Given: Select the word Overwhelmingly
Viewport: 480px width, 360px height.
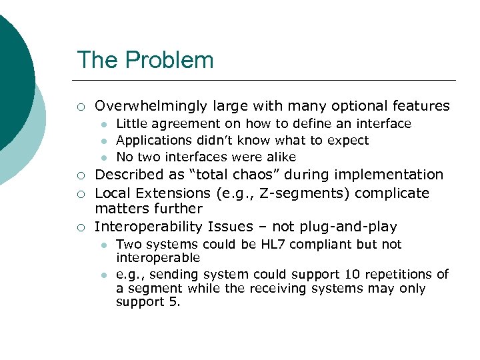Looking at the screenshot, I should coord(152,106).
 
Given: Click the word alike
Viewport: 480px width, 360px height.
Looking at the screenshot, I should coord(279,157).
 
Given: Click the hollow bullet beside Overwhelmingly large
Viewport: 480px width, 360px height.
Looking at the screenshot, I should coord(80,107).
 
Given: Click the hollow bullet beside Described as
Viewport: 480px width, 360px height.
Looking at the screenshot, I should coord(80,175).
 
